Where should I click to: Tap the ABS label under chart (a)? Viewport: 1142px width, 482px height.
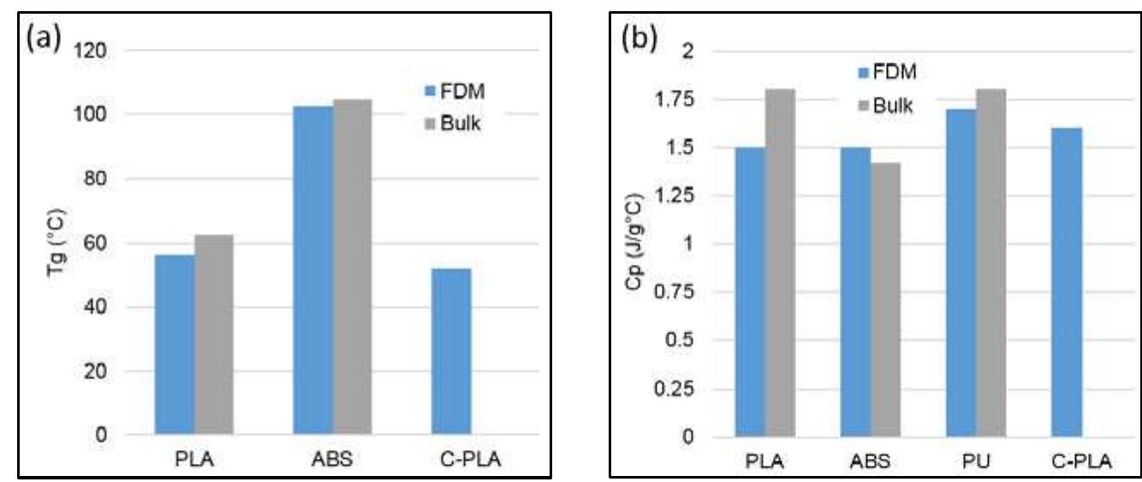pos(332,460)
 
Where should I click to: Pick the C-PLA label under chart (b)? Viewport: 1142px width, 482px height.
pos(1082,461)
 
